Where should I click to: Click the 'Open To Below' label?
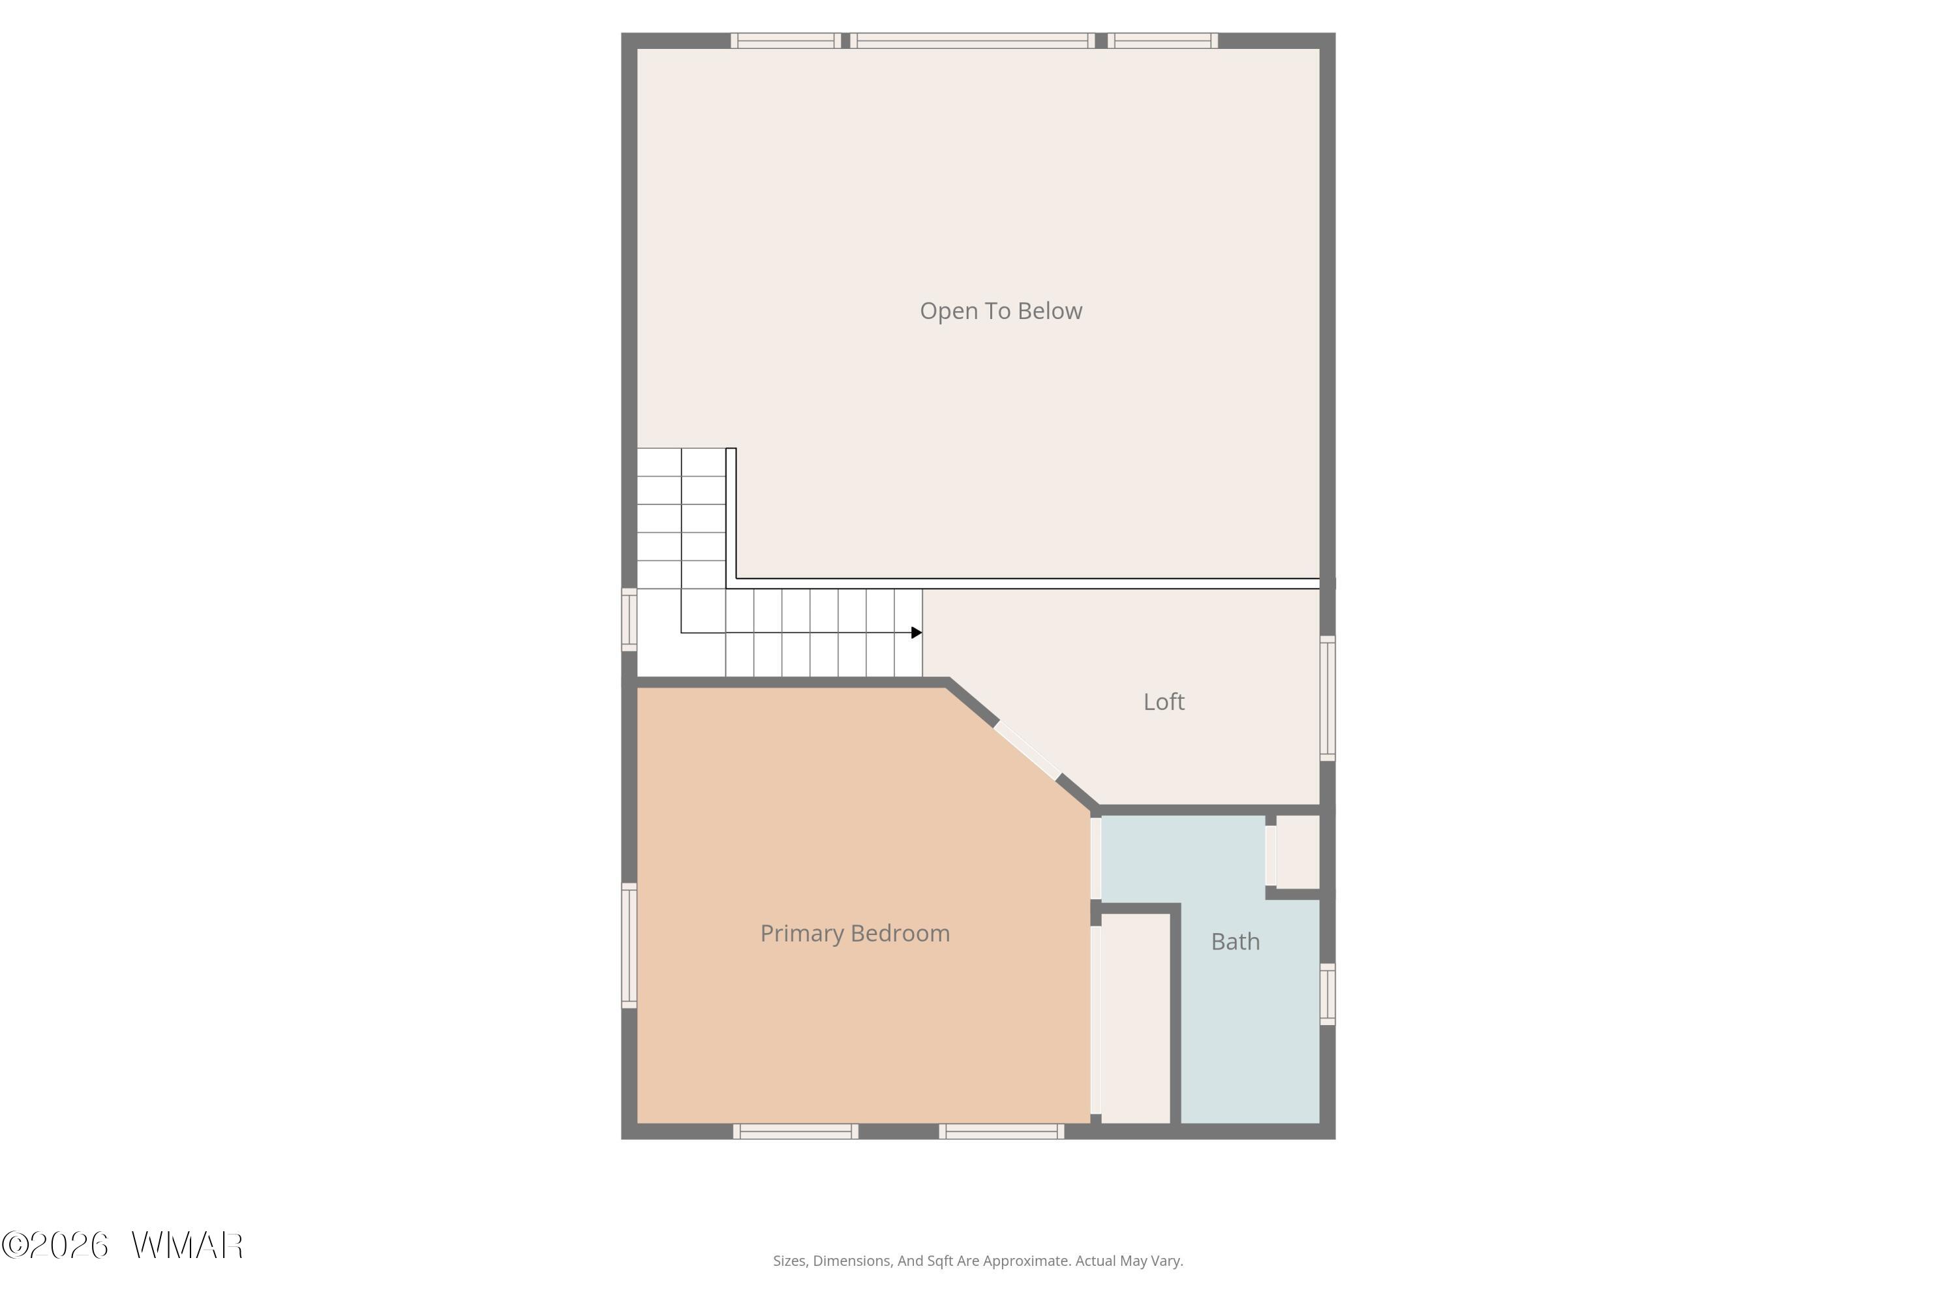tap(1001, 311)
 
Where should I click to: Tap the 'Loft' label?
tap(1164, 701)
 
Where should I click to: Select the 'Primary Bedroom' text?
tap(855, 934)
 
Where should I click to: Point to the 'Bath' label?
tap(1236, 942)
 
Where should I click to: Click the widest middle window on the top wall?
tap(973, 40)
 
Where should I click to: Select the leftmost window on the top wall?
tap(786, 40)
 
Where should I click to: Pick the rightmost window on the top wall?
tap(1163, 40)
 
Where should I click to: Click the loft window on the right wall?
tap(1328, 698)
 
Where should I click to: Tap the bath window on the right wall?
tap(1328, 994)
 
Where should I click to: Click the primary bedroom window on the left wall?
tap(629, 945)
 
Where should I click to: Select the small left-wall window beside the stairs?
tap(629, 620)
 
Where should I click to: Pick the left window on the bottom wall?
tap(795, 1131)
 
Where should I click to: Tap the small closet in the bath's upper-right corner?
tap(1298, 852)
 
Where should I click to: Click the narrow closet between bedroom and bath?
tap(1136, 1018)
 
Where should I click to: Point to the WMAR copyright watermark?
tap(123, 1246)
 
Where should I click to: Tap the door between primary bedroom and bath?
tap(1096, 858)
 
